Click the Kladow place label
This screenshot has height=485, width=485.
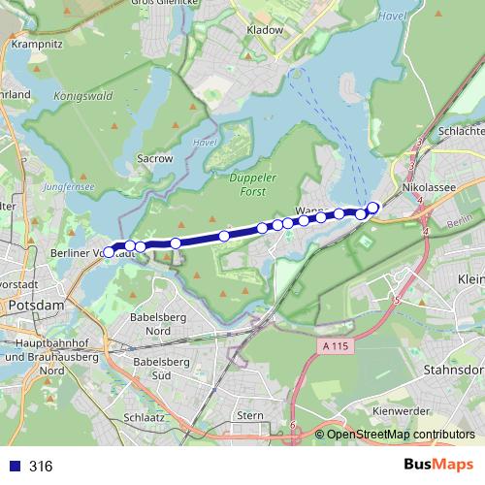click(x=266, y=30)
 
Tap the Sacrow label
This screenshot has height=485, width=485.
click(x=155, y=157)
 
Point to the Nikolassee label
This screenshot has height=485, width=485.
click(x=428, y=180)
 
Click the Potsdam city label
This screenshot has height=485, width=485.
click(x=35, y=306)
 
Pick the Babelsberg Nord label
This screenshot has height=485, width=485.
click(x=157, y=324)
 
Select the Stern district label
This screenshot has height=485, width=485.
click(x=249, y=415)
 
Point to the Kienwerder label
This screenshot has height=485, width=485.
click(x=400, y=411)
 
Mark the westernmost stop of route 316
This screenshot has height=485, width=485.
click(x=109, y=252)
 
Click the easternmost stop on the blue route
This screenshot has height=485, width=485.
click(x=372, y=207)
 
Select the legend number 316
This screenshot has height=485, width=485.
click(x=41, y=467)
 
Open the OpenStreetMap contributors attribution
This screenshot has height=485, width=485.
click(x=400, y=435)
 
